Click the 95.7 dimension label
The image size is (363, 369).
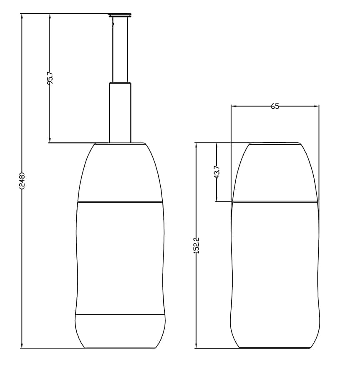[50, 78]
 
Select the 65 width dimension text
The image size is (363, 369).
[275, 106]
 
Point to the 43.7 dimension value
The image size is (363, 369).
[217, 172]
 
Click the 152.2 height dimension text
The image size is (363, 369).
[197, 245]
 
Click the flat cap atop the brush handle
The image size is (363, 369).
[120, 15]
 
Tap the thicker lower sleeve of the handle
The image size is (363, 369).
[120, 113]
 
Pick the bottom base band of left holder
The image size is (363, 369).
[120, 330]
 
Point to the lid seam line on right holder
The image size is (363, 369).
[275, 202]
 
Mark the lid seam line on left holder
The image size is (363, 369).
[120, 202]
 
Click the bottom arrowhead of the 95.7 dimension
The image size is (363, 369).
[50, 140]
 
